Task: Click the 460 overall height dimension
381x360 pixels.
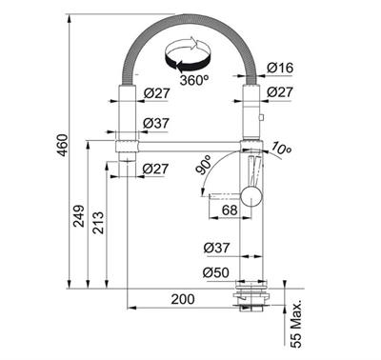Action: click(64, 145)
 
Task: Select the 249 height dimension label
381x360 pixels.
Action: click(79, 216)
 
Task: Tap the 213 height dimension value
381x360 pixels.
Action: click(98, 223)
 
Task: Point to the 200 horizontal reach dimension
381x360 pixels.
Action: click(183, 299)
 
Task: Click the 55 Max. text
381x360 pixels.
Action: click(296, 324)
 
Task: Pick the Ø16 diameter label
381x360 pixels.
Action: click(280, 68)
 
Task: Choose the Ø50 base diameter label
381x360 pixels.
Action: click(216, 272)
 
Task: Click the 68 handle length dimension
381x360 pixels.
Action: click(230, 210)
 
